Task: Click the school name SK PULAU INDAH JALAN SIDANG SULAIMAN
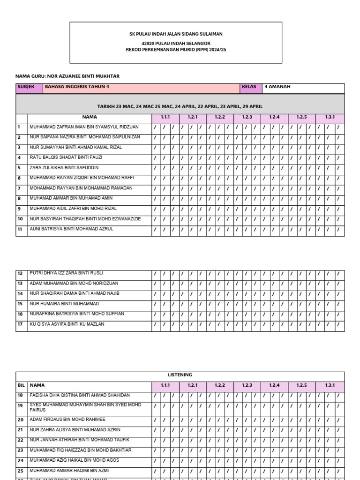click(176, 34)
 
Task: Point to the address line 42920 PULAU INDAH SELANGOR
click(176, 43)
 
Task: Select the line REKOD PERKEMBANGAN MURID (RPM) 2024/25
click(176, 49)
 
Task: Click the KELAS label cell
click(249, 87)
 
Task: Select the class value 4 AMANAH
click(277, 87)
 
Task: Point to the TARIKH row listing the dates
click(180, 107)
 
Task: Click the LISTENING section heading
click(180, 375)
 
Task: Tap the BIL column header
click(21, 385)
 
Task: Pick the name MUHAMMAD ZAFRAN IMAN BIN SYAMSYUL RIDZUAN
click(84, 127)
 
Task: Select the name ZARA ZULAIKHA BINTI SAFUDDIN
click(64, 168)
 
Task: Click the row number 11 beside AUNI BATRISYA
click(20, 230)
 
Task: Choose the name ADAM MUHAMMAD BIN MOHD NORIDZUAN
click(74, 284)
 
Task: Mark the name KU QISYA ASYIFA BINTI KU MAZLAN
click(67, 324)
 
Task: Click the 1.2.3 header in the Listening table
click(247, 385)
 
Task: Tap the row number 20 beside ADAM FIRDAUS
click(20, 420)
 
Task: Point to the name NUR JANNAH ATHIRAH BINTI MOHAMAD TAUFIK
click(79, 440)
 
